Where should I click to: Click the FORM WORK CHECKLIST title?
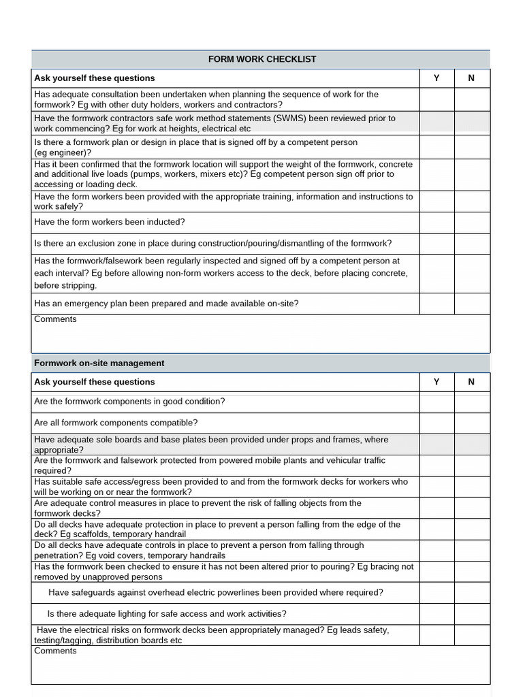pos(261,59)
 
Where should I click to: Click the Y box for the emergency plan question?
pos(437,304)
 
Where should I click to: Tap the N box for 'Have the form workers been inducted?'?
pos(471,223)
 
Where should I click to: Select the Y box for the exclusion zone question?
pos(437,244)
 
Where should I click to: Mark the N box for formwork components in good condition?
pos(471,402)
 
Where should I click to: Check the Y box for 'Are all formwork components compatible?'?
pos(437,423)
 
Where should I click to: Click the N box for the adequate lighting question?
pos(471,614)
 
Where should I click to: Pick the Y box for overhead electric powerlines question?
pos(437,593)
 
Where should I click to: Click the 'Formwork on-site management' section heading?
pos(99,363)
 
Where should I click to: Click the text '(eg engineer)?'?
pos(63,153)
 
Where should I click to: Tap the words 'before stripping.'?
pos(65,286)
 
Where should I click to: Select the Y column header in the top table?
pos(437,78)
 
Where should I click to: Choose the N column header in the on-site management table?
pos(471,382)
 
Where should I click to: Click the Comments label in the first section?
pos(55,319)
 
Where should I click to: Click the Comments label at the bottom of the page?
pos(55,651)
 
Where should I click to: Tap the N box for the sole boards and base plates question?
pos(471,444)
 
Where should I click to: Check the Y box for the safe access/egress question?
pos(437,487)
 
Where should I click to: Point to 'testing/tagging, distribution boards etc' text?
pos(108,641)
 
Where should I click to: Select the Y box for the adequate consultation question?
pos(437,99)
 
